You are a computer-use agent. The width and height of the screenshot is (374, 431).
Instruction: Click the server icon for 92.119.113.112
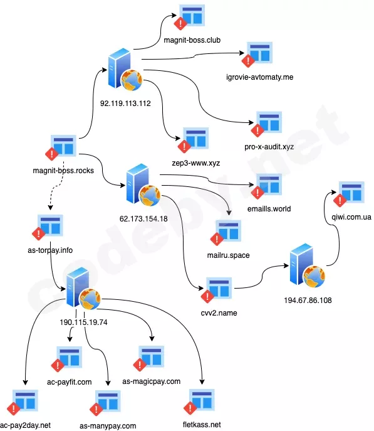click(125, 70)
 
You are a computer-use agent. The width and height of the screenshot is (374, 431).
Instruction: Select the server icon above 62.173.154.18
click(143, 184)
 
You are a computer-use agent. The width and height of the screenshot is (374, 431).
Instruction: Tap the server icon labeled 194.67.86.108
click(308, 265)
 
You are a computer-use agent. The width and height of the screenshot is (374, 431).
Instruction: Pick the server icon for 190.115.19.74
click(83, 289)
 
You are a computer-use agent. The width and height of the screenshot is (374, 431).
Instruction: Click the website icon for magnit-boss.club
click(189, 17)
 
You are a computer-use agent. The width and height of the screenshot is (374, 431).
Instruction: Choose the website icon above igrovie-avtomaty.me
click(257, 55)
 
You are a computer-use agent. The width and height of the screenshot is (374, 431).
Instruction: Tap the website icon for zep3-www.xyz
click(193, 140)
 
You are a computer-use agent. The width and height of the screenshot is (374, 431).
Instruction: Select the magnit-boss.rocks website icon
click(61, 147)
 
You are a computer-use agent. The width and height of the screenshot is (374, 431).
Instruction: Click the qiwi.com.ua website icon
click(349, 194)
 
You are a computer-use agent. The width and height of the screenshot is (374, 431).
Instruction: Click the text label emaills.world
click(269, 209)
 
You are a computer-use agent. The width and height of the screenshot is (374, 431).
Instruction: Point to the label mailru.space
click(228, 255)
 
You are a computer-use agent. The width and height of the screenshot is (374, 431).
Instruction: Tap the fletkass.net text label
click(202, 425)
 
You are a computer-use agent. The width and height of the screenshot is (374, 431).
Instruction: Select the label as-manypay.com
click(108, 426)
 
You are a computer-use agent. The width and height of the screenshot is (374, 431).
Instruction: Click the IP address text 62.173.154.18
click(143, 219)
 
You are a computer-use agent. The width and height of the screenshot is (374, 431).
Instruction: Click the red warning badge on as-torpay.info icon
click(39, 233)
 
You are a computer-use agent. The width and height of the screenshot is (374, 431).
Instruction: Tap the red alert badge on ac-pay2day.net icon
click(13, 408)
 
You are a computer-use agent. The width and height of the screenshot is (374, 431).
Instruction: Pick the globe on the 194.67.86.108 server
click(314, 276)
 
